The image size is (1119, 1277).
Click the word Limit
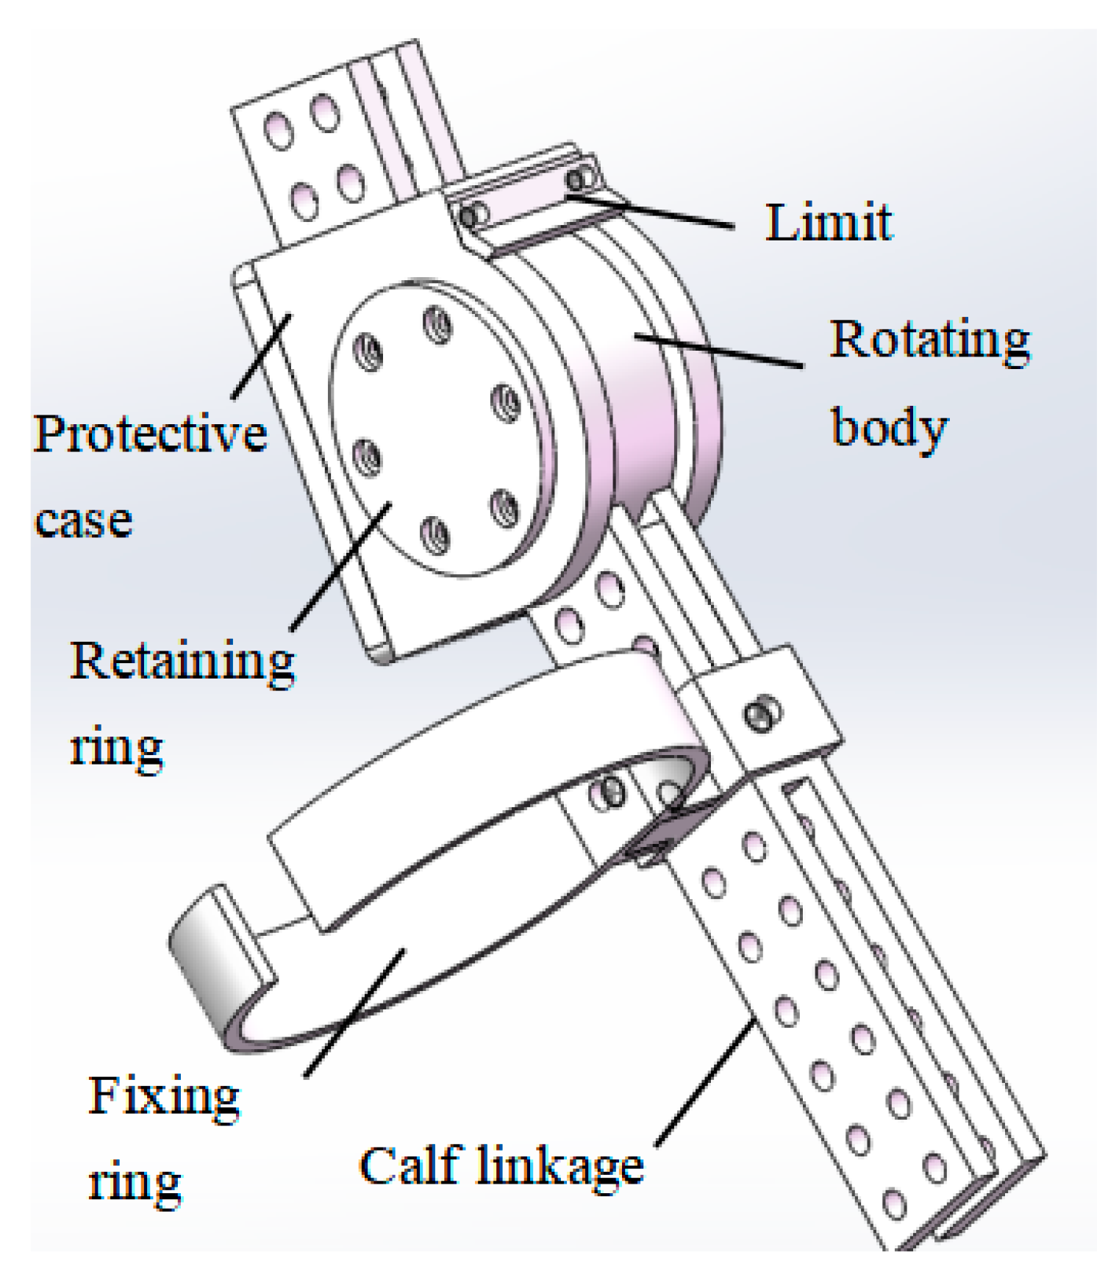click(829, 222)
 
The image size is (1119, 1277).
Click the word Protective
click(150, 434)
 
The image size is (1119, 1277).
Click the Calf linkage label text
click(501, 1167)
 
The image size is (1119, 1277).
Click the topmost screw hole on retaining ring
click(437, 323)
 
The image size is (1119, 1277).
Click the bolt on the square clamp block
click(762, 713)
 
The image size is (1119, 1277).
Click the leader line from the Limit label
click(654, 210)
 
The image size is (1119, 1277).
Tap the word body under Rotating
click(889, 428)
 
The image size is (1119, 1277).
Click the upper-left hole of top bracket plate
click(278, 132)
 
